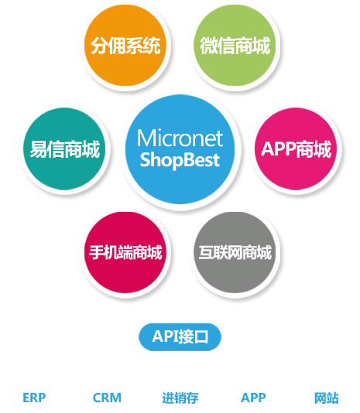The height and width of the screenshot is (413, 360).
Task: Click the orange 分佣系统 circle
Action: click(x=125, y=45)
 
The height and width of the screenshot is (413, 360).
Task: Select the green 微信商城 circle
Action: click(x=235, y=45)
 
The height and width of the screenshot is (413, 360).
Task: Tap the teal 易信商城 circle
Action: click(x=64, y=148)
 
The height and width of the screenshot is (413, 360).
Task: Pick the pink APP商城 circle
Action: click(x=296, y=148)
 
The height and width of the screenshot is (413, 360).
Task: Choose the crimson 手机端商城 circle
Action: click(x=125, y=252)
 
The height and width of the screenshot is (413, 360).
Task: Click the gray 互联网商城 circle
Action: click(x=235, y=252)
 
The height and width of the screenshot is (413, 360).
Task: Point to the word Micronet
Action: click(x=180, y=138)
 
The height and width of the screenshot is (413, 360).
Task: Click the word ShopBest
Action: click(x=180, y=160)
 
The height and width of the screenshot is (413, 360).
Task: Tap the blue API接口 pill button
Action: click(x=180, y=337)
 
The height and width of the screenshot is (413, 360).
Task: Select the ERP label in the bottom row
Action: click(x=34, y=398)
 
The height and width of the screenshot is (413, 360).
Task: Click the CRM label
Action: click(x=107, y=398)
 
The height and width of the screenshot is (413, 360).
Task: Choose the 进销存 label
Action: click(x=180, y=398)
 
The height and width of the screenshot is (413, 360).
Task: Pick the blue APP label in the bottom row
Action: click(x=253, y=398)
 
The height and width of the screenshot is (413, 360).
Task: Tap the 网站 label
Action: click(x=326, y=398)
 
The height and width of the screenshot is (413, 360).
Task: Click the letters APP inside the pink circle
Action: click(x=278, y=149)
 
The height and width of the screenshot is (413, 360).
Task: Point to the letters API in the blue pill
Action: click(x=165, y=336)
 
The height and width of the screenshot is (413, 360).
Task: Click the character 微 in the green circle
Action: click(x=208, y=46)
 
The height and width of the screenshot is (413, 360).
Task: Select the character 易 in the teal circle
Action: click(x=39, y=149)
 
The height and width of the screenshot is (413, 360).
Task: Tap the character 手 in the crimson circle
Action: click(x=97, y=252)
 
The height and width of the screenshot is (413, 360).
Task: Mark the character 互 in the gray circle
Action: click(x=206, y=252)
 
